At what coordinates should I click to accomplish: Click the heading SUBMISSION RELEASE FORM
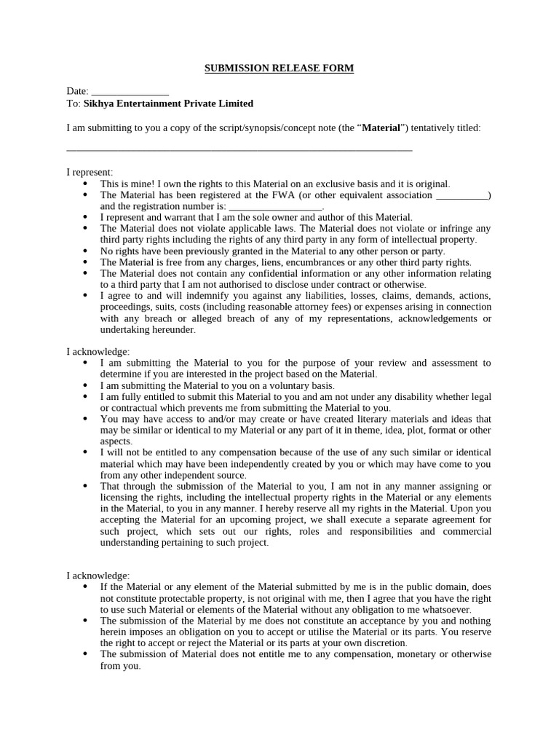[x=279, y=68]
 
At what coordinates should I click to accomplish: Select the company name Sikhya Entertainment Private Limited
[x=169, y=103]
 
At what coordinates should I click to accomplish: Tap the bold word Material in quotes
[x=381, y=127]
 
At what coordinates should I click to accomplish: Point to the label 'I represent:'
[x=90, y=172]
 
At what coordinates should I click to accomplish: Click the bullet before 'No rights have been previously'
[x=85, y=251]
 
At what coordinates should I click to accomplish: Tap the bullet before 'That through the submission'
[x=85, y=486]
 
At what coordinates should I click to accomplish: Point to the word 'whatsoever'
[x=445, y=609]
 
